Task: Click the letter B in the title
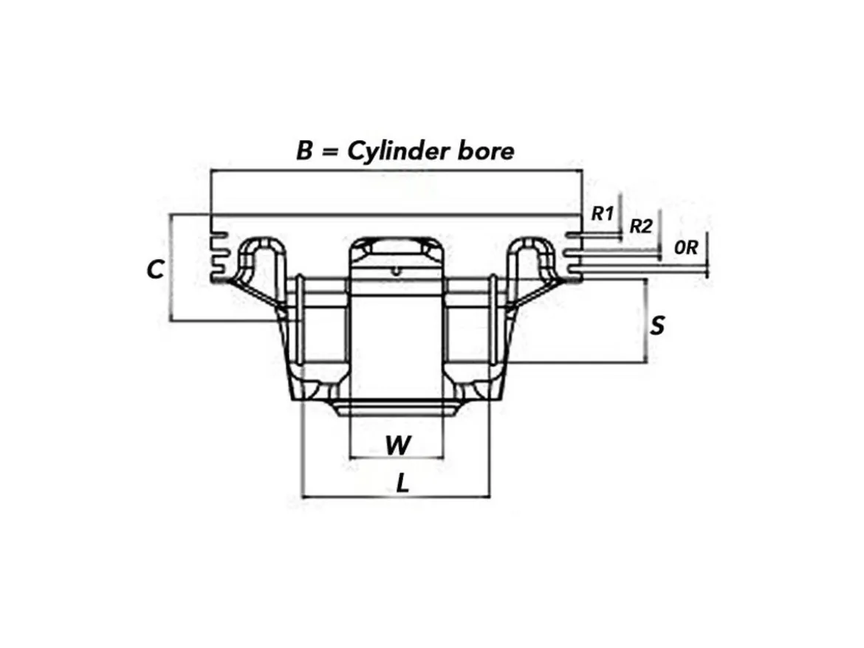coord(305,151)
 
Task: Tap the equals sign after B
coord(329,151)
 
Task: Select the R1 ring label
coord(603,213)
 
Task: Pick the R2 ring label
coord(641,226)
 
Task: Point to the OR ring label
coord(686,248)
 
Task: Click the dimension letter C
coord(155,269)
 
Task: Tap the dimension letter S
coord(656,325)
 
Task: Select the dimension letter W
coord(398,445)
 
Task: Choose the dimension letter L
coord(403,484)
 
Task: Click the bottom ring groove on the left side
coord(220,271)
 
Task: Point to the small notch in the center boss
coord(396,270)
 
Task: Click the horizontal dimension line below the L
coord(396,497)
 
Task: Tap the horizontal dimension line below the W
coord(397,458)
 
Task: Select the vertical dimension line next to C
coord(171,268)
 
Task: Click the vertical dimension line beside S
coord(645,321)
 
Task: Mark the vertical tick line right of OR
coord(707,255)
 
